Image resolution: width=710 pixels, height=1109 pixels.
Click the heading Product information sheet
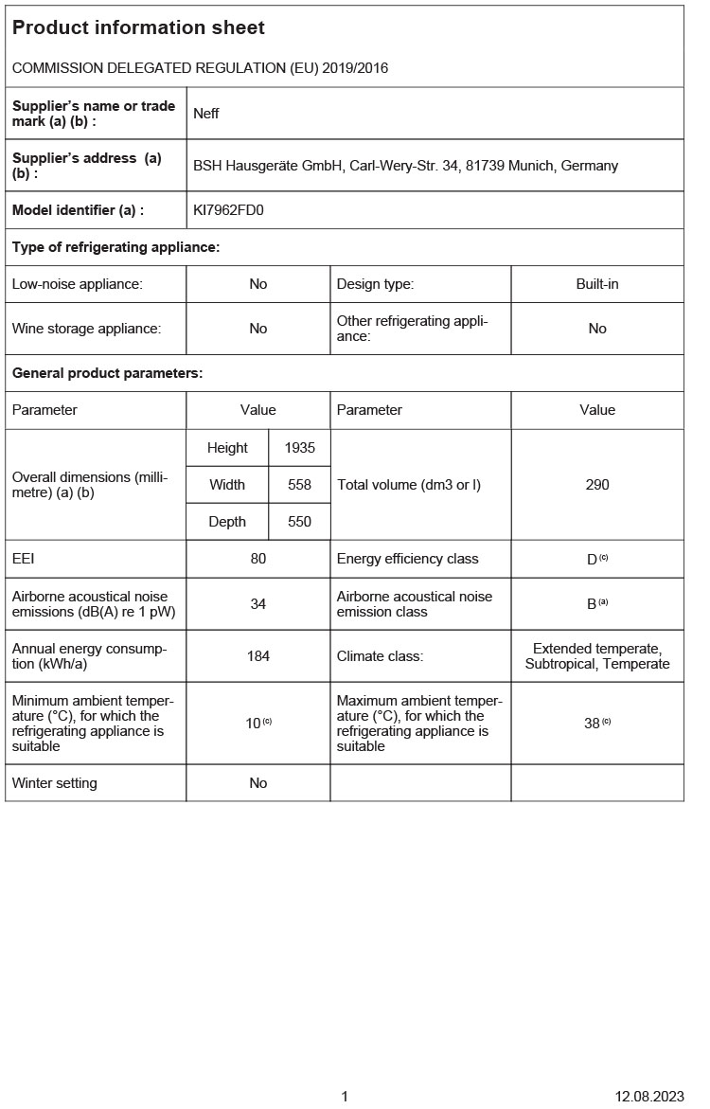138,28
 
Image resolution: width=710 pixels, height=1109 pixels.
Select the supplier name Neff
206,114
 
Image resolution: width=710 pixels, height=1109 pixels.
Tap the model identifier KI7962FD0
228,210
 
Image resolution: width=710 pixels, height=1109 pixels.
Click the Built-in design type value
597,284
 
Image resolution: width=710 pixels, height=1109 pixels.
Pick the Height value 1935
299,448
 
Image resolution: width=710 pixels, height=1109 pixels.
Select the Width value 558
299,485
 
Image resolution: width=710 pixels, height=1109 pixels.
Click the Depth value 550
299,522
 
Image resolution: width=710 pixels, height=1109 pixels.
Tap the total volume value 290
597,485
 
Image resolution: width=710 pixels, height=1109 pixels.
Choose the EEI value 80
258,559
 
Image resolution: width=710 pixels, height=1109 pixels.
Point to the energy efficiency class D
592,560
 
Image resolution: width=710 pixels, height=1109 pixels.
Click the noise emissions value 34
258,604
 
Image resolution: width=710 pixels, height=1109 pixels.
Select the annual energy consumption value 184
258,656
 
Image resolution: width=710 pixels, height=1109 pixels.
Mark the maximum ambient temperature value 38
592,724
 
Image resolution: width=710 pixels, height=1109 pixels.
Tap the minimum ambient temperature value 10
253,724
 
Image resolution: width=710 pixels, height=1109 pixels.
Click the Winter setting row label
55,783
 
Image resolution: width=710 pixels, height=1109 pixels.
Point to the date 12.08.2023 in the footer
648,1097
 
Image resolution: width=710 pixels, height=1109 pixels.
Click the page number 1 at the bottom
345,1097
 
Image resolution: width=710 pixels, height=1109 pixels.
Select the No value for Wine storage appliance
258,329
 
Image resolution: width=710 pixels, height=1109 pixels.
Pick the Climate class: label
381,656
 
